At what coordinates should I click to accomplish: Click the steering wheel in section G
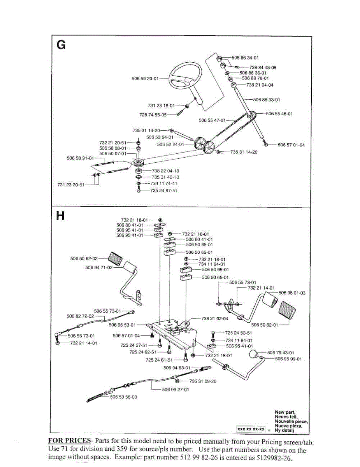click(x=181, y=78)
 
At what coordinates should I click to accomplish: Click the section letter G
click(x=61, y=45)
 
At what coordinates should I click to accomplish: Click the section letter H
click(x=60, y=216)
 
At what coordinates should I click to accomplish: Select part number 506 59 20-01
click(x=145, y=79)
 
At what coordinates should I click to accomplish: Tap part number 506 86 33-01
click(x=267, y=100)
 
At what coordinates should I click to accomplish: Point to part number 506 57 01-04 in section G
click(x=291, y=145)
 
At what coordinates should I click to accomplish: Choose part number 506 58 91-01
click(x=81, y=158)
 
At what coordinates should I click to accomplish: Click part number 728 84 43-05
click(x=263, y=67)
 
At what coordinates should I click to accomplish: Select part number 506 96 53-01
click(x=122, y=325)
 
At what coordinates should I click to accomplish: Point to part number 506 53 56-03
click(x=124, y=397)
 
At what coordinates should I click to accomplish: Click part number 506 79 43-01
click(x=281, y=353)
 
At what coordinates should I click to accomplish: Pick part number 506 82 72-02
click(x=81, y=316)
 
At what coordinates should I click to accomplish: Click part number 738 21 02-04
click(x=215, y=318)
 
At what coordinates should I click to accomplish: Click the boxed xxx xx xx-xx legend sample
click(x=251, y=429)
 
